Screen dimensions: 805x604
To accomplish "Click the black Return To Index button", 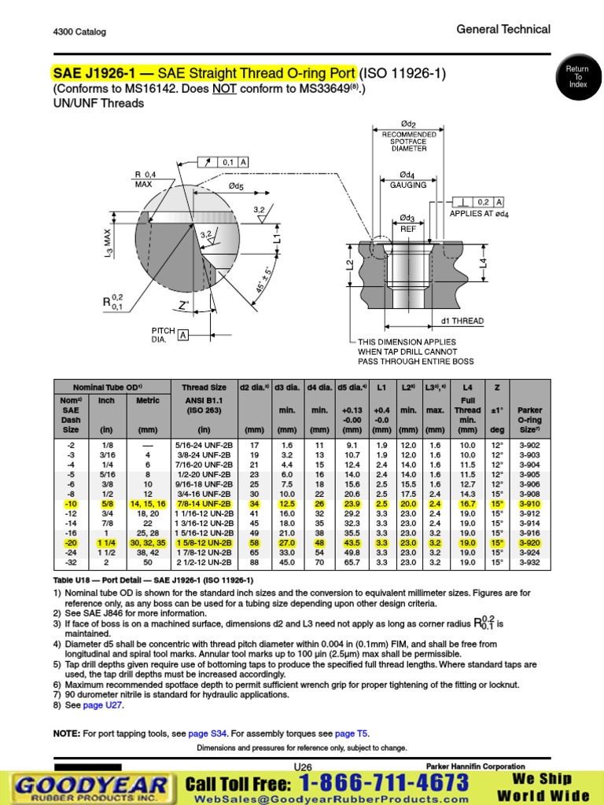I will click(578, 77).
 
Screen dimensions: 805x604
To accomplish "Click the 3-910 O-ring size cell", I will click(529, 504).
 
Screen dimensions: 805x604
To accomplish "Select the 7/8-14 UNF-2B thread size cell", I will click(204, 504).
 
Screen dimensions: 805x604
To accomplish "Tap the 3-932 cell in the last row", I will click(529, 564).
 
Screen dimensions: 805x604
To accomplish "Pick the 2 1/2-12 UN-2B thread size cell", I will click(204, 564).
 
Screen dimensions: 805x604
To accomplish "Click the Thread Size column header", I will click(204, 388).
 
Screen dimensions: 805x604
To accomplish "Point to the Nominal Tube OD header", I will click(107, 388).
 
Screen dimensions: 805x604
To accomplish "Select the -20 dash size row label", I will click(71, 543).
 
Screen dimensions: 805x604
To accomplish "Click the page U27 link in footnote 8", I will click(103, 706).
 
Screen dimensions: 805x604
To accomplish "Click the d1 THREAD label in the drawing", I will click(462, 321).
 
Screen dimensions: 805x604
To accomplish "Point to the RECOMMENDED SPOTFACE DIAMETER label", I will click(409, 142).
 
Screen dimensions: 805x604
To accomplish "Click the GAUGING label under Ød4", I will click(408, 186).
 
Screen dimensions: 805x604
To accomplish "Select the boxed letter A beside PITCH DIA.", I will click(183, 335).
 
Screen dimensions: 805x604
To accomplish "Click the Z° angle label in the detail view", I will click(184, 304).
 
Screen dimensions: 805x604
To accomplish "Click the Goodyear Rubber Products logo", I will click(90, 787).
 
